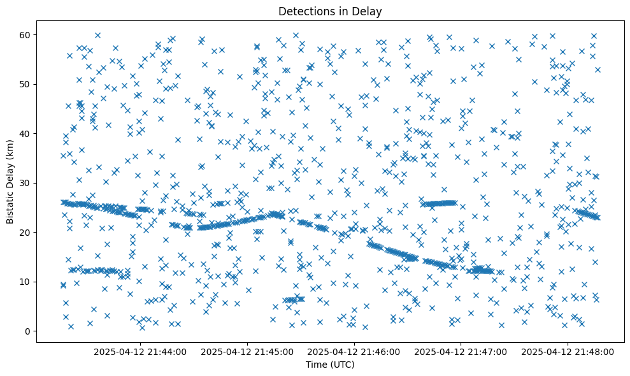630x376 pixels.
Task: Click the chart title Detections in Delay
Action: (330, 11)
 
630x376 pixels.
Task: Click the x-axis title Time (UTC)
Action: (330, 365)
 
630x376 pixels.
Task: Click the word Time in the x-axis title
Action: (317, 365)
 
